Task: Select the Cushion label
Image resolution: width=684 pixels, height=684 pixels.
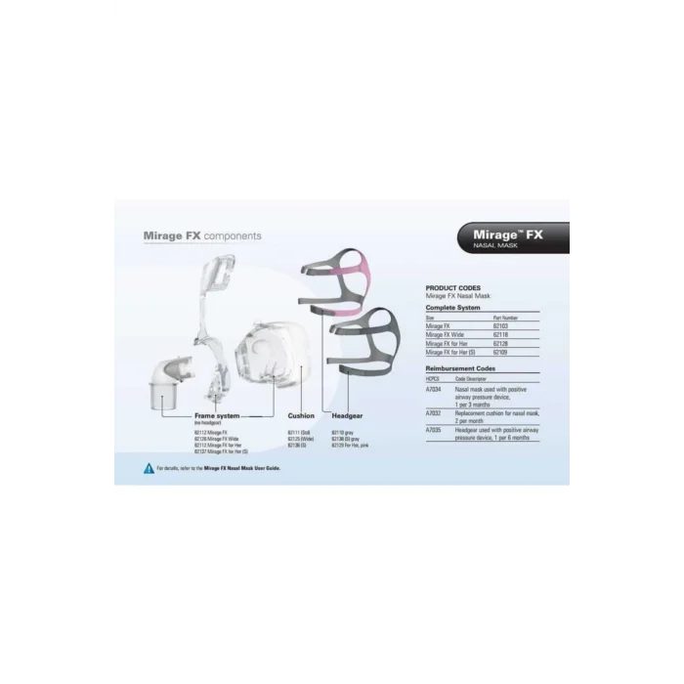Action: click(301, 415)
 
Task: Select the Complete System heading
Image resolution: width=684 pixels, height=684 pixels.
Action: click(453, 308)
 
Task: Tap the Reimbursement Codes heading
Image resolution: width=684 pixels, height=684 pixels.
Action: click(460, 368)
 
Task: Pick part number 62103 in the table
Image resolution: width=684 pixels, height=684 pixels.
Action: click(504, 326)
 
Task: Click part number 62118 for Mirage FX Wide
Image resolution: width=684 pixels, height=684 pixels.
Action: click(504, 334)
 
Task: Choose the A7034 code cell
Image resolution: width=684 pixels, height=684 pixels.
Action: click(435, 389)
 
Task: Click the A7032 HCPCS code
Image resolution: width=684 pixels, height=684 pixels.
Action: click(435, 413)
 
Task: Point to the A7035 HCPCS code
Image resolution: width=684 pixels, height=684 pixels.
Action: click(435, 429)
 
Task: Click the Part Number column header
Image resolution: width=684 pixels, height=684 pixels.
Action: click(507, 318)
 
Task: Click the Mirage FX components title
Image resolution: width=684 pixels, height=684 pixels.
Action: click(202, 235)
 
